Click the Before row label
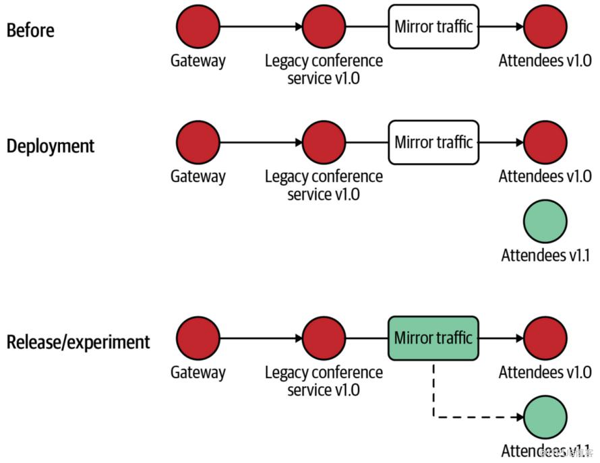pyautogui.click(x=30, y=30)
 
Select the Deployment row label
pyautogui.click(x=51, y=146)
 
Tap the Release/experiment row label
pyautogui.click(x=78, y=342)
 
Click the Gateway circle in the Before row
pyautogui.click(x=198, y=27)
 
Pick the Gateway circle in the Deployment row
pyautogui.click(x=198, y=143)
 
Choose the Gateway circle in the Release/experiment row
pyautogui.click(x=198, y=338)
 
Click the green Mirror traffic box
pyautogui.click(x=433, y=338)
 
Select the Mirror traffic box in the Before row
pyautogui.click(x=433, y=27)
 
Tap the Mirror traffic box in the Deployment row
pyautogui.click(x=433, y=143)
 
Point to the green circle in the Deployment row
pyautogui.click(x=545, y=221)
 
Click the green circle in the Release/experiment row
pyautogui.click(x=545, y=417)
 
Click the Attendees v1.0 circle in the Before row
pyautogui.click(x=545, y=27)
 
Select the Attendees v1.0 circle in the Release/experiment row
pyautogui.click(x=545, y=338)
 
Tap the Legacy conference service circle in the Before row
pyautogui.click(x=324, y=27)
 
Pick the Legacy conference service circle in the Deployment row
pyautogui.click(x=324, y=143)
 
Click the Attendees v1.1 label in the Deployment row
pyautogui.click(x=545, y=256)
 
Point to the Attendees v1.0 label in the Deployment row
pyautogui.click(x=545, y=177)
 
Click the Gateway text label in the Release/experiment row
pyautogui.click(x=198, y=372)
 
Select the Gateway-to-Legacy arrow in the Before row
pyautogui.click(x=261, y=27)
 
